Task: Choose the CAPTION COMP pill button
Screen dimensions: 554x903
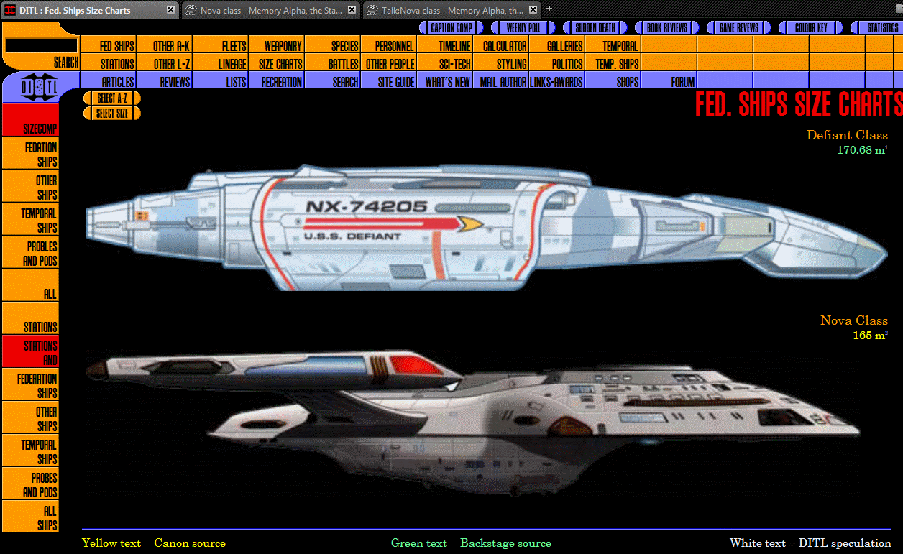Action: click(451, 28)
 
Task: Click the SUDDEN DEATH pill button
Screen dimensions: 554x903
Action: click(595, 28)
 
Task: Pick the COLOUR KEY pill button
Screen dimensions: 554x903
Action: click(811, 28)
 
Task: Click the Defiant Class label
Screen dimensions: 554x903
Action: click(846, 135)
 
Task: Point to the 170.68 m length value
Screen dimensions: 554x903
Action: click(861, 150)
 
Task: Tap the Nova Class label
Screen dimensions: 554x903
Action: click(853, 320)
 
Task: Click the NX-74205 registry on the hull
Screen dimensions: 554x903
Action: click(367, 207)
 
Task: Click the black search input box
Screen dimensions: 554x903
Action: click(41, 45)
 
